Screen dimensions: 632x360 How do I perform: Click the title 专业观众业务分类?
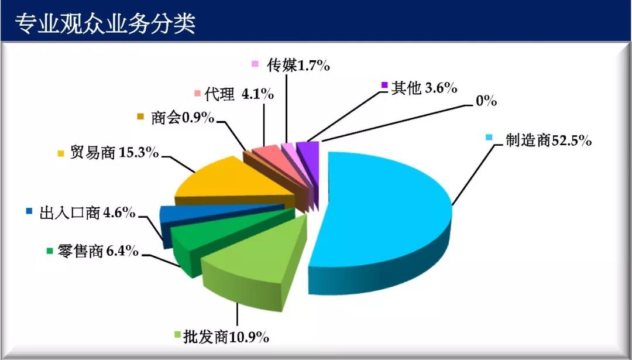(105, 23)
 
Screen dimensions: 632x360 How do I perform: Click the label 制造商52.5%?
(548, 140)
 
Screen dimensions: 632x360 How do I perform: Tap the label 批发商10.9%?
(226, 337)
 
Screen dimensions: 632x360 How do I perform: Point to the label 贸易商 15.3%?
(115, 152)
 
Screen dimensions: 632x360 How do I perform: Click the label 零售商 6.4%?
(98, 251)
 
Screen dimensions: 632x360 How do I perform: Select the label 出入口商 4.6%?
(87, 212)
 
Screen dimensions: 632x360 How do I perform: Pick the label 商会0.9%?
(183, 118)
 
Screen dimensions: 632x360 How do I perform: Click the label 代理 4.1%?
(239, 94)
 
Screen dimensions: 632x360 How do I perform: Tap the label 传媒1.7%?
(298, 65)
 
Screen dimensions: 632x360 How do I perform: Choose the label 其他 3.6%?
(424, 87)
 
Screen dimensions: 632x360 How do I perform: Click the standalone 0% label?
(486, 101)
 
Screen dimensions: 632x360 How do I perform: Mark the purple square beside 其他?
(384, 85)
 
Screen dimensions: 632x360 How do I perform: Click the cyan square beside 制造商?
(489, 137)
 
